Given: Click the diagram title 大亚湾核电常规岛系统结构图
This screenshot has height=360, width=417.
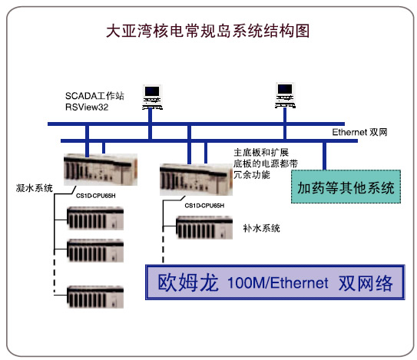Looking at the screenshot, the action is pyautogui.click(x=208, y=31).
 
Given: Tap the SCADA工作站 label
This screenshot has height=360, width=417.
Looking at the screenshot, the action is pyautogui.click(x=94, y=96).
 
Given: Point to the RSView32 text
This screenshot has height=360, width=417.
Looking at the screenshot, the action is pyautogui.click(x=87, y=107).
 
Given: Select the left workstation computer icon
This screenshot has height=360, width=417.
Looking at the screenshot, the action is pyautogui.click(x=152, y=97).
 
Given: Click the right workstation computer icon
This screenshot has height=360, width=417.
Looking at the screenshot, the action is pyautogui.click(x=285, y=95).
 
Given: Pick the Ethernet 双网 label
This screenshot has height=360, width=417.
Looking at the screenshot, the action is pyautogui.click(x=360, y=132).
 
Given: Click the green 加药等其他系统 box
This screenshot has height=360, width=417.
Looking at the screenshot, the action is pyautogui.click(x=346, y=187).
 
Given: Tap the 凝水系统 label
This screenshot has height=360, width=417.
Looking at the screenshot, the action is pyautogui.click(x=35, y=188).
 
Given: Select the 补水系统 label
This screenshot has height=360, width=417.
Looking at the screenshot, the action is pyautogui.click(x=261, y=228).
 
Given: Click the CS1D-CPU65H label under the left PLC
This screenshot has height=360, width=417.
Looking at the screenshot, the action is pyautogui.click(x=96, y=196).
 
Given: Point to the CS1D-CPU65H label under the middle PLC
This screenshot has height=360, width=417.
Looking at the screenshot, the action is pyautogui.click(x=204, y=206).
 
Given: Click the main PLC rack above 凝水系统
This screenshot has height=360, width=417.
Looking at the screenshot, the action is pyautogui.click(x=101, y=170).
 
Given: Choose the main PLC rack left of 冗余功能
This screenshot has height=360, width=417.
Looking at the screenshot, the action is pyautogui.click(x=197, y=180).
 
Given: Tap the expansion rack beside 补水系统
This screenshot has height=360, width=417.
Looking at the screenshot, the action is pyautogui.click(x=204, y=228).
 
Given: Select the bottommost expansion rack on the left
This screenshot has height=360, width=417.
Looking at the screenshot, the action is pyautogui.click(x=95, y=297).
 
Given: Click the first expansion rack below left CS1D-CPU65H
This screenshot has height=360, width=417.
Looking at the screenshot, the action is pyautogui.click(x=95, y=218).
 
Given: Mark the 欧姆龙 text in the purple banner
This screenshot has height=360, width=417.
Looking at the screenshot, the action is pyautogui.click(x=188, y=282).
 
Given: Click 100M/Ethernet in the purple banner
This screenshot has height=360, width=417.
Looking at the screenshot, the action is pyautogui.click(x=278, y=282).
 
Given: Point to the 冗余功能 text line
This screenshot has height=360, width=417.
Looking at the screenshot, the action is pyautogui.click(x=252, y=175).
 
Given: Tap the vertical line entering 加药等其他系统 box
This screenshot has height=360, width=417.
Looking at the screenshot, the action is pyautogui.click(x=324, y=156).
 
